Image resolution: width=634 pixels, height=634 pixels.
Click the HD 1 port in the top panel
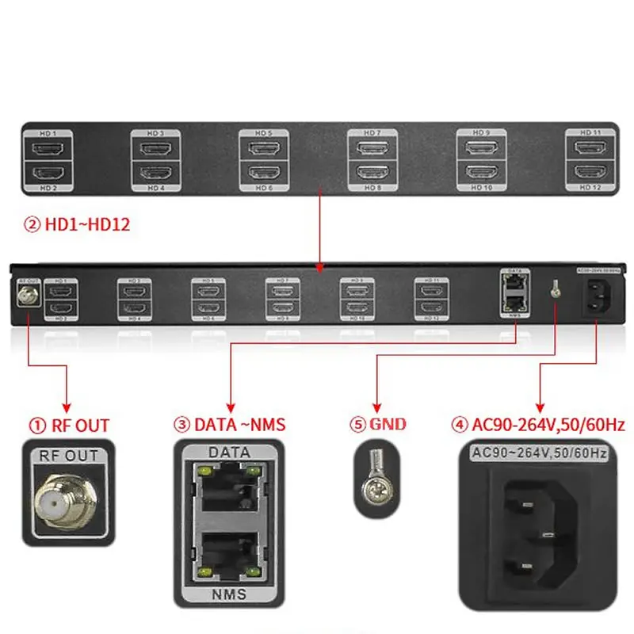coord(47,148)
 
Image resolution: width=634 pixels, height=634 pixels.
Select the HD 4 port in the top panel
coord(155,172)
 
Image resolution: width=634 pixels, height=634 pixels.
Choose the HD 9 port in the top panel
coord(481,148)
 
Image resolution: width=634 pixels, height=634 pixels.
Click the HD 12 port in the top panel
coord(590,172)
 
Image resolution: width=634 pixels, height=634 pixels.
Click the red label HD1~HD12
coord(77,225)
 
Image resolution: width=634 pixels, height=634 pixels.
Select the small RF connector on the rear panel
coord(27,294)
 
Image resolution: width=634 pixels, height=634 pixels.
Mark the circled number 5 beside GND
coord(357,426)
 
